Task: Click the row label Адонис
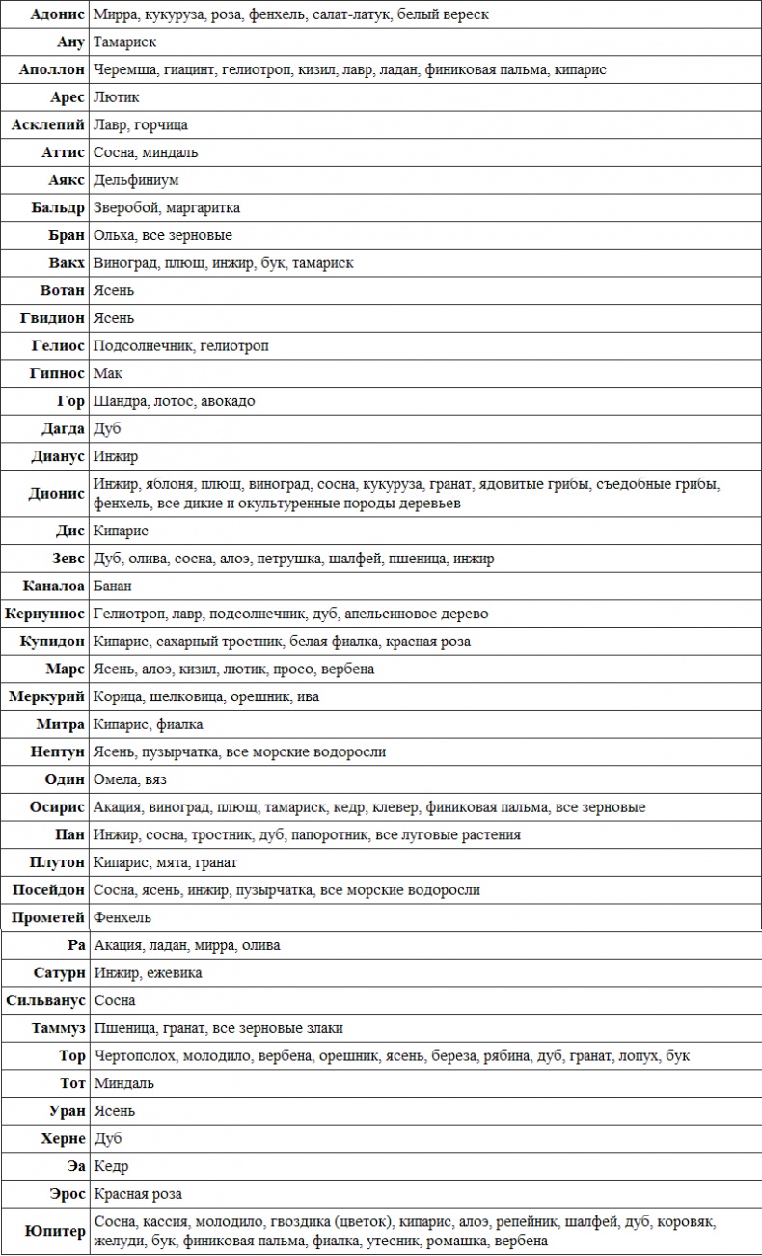pyautogui.click(x=58, y=14)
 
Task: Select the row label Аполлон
pyautogui.click(x=52, y=69)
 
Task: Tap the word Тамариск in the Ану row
pyautogui.click(x=124, y=42)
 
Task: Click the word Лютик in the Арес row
pyautogui.click(x=117, y=97)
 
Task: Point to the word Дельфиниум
pyautogui.click(x=136, y=179)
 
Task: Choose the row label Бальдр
pyautogui.click(x=58, y=207)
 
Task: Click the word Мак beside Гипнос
pyautogui.click(x=108, y=373)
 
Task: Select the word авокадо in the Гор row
pyautogui.click(x=229, y=401)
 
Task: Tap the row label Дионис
pyautogui.click(x=57, y=494)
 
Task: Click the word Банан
pyautogui.click(x=113, y=586)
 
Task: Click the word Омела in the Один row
pyautogui.click(x=116, y=779)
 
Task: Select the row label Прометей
pyautogui.click(x=48, y=917)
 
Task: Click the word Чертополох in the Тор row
pyautogui.click(x=133, y=1056)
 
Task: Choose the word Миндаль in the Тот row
pyautogui.click(x=123, y=1083)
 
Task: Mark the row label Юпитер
pyautogui.click(x=56, y=1231)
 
